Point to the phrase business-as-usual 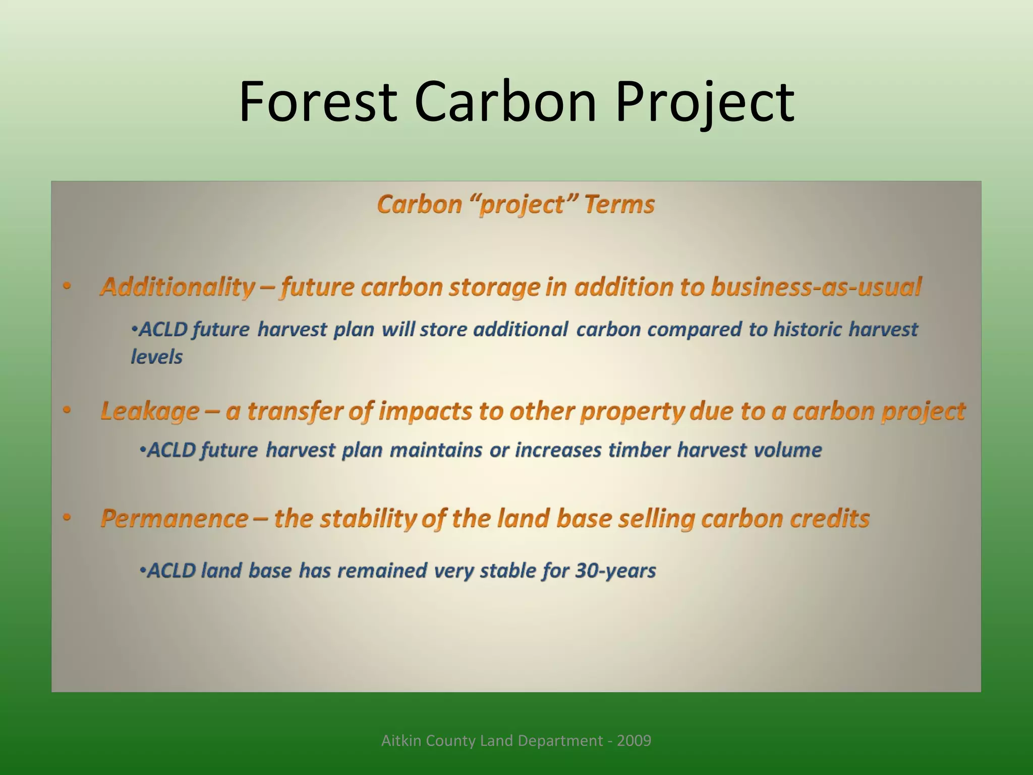[816, 287]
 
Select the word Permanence [175, 518]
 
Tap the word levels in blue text [156, 357]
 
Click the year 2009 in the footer [634, 741]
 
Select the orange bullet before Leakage [67, 411]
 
